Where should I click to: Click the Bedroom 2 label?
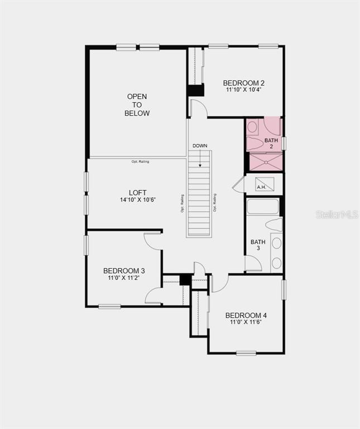[x=243, y=83]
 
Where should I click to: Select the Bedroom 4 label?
[x=246, y=315]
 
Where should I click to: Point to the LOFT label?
[x=137, y=193]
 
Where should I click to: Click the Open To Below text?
[x=137, y=105]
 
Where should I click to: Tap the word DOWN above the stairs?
[x=200, y=146]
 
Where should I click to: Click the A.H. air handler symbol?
[x=265, y=184]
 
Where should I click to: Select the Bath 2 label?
[x=271, y=144]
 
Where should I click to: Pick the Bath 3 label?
[x=258, y=245]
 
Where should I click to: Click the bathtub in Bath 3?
[x=263, y=207]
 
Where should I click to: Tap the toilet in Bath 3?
[x=274, y=225]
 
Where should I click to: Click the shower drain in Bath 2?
[x=266, y=163]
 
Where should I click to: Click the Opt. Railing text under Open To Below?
[x=140, y=161]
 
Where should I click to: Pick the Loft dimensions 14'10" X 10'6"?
[x=138, y=200]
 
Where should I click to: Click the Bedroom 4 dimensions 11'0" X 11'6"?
[x=246, y=322]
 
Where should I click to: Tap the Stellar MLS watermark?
[x=337, y=214]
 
